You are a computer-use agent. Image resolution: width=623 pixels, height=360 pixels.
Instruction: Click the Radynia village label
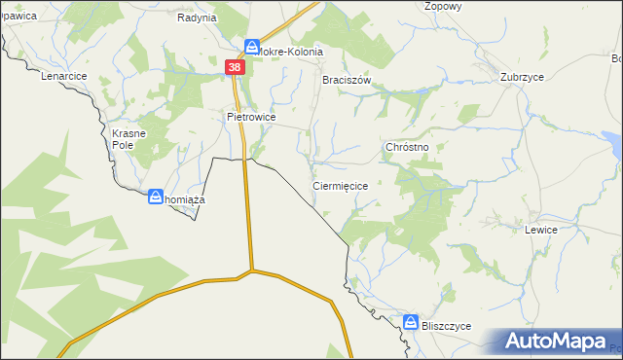(x=197, y=18)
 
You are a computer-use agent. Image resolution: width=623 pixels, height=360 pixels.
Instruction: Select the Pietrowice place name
(x=251, y=117)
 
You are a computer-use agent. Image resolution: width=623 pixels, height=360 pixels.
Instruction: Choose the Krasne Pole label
(x=128, y=138)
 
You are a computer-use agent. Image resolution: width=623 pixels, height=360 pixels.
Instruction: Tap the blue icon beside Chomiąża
(x=156, y=198)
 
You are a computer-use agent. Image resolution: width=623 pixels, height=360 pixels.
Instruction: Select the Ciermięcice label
(x=341, y=185)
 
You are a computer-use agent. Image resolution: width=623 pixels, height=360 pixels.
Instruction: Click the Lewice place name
(x=540, y=231)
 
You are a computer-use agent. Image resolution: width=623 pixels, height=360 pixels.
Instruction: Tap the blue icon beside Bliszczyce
(x=412, y=321)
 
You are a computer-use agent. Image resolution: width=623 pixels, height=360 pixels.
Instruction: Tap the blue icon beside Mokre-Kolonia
(x=252, y=46)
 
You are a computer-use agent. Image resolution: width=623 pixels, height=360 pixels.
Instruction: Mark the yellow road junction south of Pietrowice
(x=251, y=271)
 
